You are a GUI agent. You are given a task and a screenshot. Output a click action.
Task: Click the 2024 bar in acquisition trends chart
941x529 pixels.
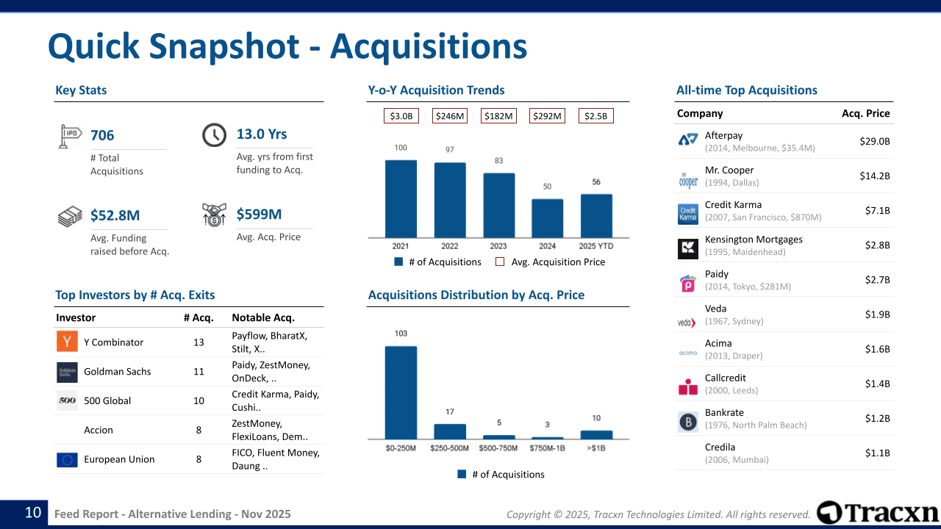(x=547, y=218)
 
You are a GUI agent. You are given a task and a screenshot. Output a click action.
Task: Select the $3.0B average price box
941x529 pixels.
(x=401, y=116)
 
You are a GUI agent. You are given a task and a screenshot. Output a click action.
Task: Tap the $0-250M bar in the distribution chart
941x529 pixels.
(x=401, y=392)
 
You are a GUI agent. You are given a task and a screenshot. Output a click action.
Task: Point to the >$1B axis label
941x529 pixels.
(x=596, y=448)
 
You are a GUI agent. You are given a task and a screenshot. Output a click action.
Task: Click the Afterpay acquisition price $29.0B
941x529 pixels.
(x=874, y=141)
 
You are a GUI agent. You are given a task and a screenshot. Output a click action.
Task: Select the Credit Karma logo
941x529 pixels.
(x=688, y=214)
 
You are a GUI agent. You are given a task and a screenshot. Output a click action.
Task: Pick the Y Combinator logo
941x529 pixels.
(x=67, y=342)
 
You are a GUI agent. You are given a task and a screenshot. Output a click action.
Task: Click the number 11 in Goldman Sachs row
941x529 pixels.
(x=198, y=372)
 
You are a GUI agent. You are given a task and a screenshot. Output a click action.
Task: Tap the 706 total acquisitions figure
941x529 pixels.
(x=102, y=135)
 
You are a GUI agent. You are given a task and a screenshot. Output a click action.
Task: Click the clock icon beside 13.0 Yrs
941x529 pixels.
(x=214, y=135)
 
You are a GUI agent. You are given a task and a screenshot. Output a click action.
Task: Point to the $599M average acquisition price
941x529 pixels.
(x=259, y=215)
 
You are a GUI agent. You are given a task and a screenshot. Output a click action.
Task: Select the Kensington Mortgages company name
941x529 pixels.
(x=754, y=240)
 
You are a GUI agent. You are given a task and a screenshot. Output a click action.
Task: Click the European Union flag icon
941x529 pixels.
(x=67, y=460)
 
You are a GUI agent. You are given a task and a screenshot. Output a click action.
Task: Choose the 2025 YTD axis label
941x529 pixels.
(x=596, y=246)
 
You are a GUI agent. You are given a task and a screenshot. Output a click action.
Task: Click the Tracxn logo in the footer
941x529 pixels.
(x=878, y=513)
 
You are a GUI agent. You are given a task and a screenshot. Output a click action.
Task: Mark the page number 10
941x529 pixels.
(x=33, y=513)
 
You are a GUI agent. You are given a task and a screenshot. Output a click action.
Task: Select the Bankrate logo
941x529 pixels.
(x=688, y=422)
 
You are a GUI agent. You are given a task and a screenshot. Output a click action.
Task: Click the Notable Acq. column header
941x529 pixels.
(x=263, y=318)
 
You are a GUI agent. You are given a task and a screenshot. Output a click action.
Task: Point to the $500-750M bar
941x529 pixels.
(x=499, y=437)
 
